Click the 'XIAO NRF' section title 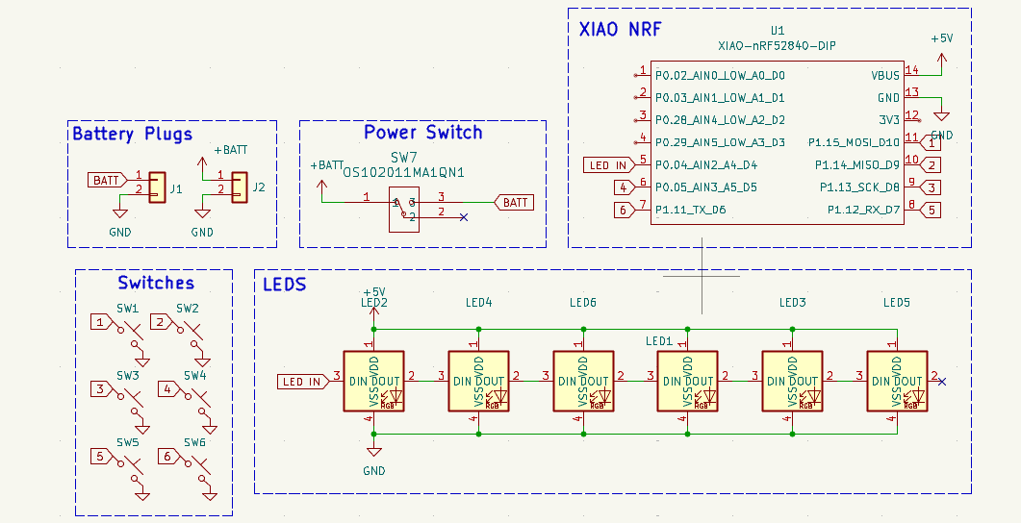[620, 29]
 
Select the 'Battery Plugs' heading [132, 134]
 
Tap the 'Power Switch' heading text [422, 133]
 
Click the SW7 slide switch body [402, 209]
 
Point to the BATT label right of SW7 [515, 202]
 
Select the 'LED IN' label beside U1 [606, 165]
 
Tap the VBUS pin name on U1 [885, 75]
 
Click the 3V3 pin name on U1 [889, 120]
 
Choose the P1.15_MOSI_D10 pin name [855, 142]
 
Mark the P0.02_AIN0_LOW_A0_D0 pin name [720, 75]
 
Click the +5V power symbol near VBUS [941, 38]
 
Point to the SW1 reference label [128, 309]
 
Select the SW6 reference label [195, 442]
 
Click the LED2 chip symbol [372, 382]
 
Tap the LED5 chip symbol [896, 382]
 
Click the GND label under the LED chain [373, 471]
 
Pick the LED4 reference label [478, 303]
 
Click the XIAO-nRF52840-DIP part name [778, 45]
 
